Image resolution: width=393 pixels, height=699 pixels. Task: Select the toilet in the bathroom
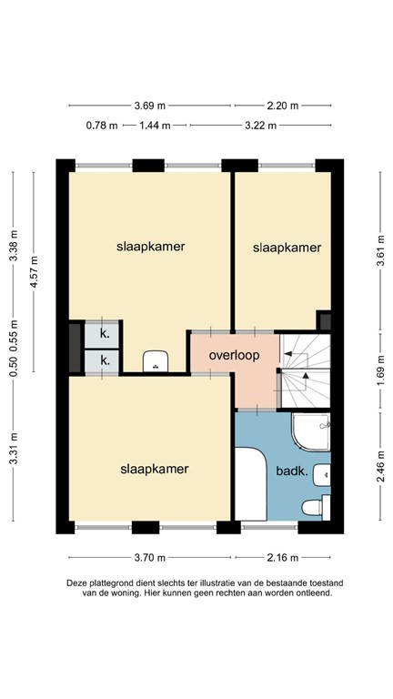[313, 507]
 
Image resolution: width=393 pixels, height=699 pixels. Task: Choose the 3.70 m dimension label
[149, 557]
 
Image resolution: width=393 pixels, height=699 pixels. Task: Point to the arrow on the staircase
[304, 373]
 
